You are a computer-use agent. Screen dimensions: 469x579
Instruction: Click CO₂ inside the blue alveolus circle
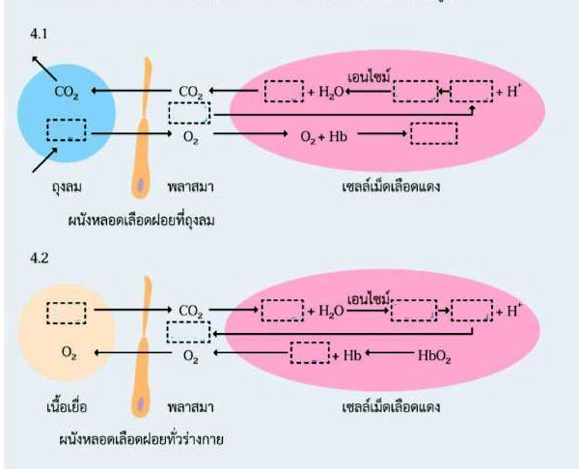[68, 94]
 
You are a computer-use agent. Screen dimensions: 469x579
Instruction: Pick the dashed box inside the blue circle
[66, 129]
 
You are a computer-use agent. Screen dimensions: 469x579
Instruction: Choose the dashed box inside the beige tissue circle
[66, 312]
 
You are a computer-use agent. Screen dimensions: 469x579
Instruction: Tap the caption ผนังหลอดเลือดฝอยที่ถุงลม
[147, 220]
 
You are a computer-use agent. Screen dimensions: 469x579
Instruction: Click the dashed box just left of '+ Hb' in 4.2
[309, 353]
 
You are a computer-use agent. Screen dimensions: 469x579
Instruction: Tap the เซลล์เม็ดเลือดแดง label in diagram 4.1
[391, 185]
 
